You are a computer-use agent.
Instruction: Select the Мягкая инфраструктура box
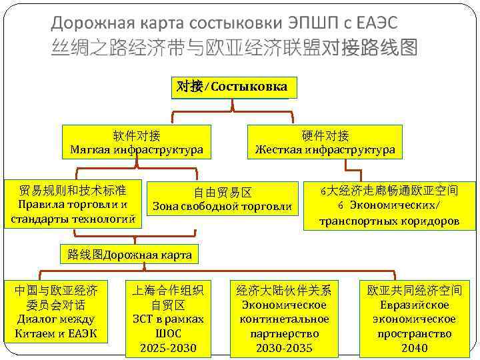coord(137,143)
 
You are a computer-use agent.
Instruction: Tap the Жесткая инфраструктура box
coord(325,143)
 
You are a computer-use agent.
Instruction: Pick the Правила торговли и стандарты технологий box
coord(73,203)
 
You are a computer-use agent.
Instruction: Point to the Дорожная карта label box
coord(129,254)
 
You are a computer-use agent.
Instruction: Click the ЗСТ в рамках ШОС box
coord(167,319)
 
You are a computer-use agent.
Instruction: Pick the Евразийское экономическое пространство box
coord(414,319)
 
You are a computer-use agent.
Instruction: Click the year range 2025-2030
coord(167,348)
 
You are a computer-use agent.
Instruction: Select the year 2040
coord(414,348)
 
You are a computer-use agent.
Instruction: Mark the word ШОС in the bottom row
coord(167,333)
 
